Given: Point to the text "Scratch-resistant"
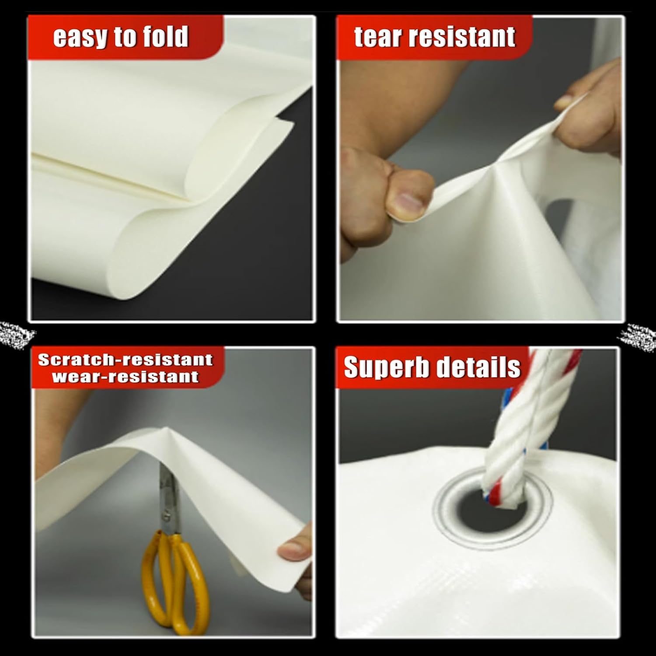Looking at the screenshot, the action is tap(125, 359).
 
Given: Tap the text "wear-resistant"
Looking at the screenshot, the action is tap(125, 377).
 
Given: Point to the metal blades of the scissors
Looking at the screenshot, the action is tap(168, 494).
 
